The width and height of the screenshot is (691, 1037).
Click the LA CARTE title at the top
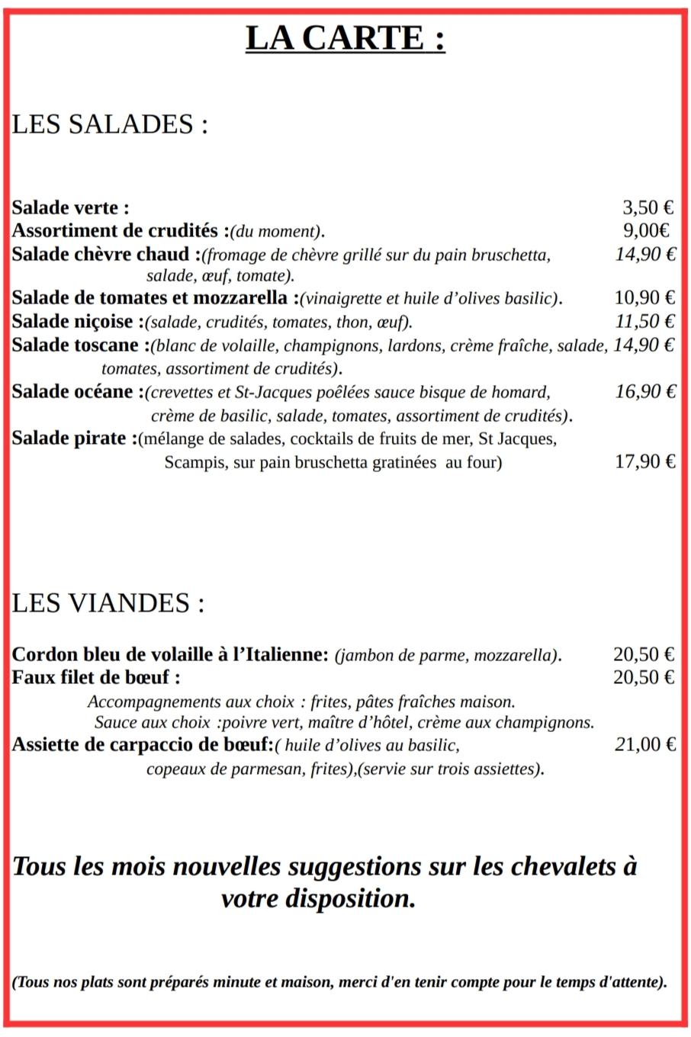click(345, 38)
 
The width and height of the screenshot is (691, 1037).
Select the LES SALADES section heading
click(110, 125)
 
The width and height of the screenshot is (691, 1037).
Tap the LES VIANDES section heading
click(108, 604)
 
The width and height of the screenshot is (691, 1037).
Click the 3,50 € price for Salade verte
click(648, 207)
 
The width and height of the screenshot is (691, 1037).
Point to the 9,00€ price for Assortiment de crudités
click(647, 230)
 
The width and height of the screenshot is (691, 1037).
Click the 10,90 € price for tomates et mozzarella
click(644, 298)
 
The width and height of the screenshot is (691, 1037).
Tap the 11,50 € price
click(645, 322)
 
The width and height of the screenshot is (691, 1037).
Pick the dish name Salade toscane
click(75, 345)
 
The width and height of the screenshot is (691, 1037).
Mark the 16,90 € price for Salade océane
click(645, 392)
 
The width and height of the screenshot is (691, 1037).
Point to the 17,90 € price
click(645, 461)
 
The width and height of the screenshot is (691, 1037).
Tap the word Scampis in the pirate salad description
click(193, 463)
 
